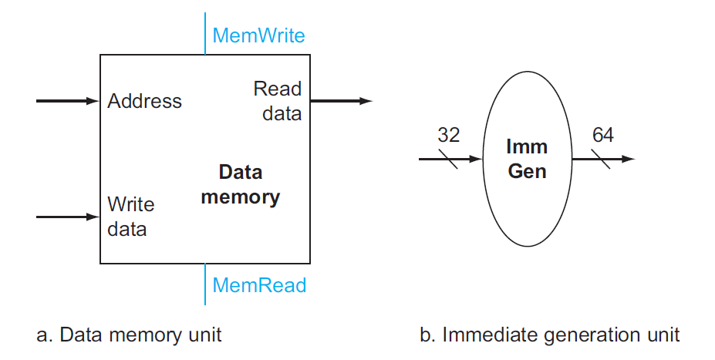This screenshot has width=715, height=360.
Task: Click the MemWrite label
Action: click(x=258, y=35)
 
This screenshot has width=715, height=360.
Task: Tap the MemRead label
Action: click(x=259, y=286)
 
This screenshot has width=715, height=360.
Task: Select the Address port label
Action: click(x=145, y=101)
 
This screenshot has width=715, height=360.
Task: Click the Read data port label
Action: click(x=278, y=101)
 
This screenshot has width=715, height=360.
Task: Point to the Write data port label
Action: click(x=130, y=217)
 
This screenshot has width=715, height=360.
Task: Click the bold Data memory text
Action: click(x=240, y=184)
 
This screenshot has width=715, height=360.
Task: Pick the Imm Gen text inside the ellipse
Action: click(x=527, y=158)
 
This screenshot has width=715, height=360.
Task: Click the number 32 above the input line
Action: click(x=448, y=136)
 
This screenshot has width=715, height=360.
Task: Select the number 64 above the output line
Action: click(x=602, y=136)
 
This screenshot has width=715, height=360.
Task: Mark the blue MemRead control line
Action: click(x=205, y=284)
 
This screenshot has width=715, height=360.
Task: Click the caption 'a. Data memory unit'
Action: click(x=129, y=335)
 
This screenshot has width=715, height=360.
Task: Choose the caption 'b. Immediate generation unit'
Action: click(x=550, y=335)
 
